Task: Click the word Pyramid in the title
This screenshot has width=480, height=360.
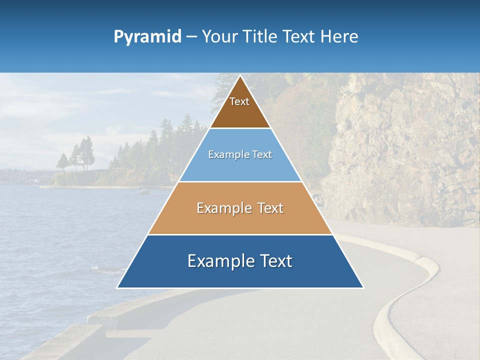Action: coord(147,37)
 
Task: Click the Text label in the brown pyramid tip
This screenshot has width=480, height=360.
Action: coord(239,102)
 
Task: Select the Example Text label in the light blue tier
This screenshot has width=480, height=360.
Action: coord(240,155)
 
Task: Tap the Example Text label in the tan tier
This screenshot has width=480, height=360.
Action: coord(240,208)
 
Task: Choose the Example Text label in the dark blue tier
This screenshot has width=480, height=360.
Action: coord(240,261)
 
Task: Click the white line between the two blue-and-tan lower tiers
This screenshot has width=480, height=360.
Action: coord(240,234)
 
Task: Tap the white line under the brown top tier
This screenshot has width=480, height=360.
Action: coord(240,128)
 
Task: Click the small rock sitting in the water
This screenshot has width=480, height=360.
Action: coord(144,192)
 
